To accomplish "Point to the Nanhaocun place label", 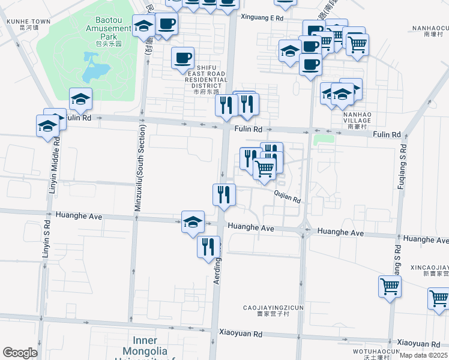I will point(430,31).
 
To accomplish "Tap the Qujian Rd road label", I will point(287,196).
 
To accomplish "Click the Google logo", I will point(20,353).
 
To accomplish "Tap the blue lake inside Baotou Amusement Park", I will point(93,67).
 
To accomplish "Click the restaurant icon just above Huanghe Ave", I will point(224,194).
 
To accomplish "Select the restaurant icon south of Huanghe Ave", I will point(208,246).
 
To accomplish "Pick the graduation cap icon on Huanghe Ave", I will point(193,221).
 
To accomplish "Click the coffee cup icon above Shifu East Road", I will point(183,58).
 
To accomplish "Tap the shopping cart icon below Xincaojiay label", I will point(390,286).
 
